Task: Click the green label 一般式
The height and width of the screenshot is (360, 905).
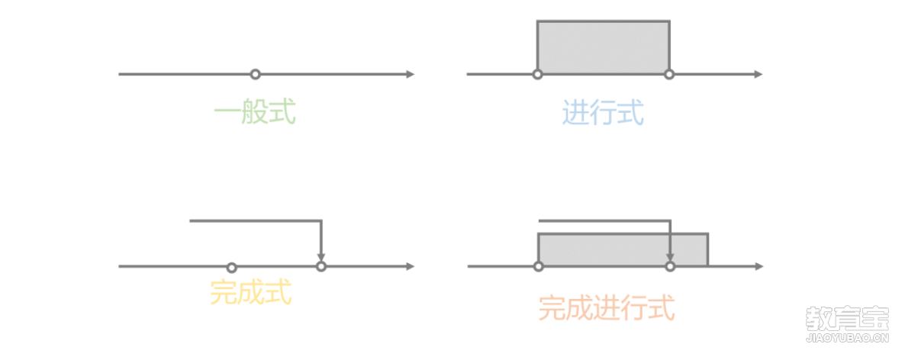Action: pyautogui.click(x=255, y=113)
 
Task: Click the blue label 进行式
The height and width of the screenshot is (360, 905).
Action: pyautogui.click(x=603, y=113)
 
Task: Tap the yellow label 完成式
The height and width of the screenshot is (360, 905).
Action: pyautogui.click(x=251, y=293)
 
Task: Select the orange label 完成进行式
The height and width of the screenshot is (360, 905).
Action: pyautogui.click(x=607, y=309)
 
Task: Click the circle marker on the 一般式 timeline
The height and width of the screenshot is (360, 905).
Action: pyautogui.click(x=255, y=74)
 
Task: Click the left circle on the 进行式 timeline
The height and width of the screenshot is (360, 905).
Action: pyautogui.click(x=537, y=74)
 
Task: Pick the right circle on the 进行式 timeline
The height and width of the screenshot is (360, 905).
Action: pyautogui.click(x=669, y=74)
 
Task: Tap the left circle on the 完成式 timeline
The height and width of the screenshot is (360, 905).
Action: pyautogui.click(x=231, y=267)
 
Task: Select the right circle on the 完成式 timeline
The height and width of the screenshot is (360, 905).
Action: pyautogui.click(x=321, y=266)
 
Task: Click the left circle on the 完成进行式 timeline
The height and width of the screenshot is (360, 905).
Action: pyautogui.click(x=539, y=266)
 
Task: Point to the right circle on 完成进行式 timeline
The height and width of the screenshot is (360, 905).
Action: pyautogui.click(x=670, y=266)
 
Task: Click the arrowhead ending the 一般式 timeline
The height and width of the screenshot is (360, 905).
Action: pyautogui.click(x=411, y=74)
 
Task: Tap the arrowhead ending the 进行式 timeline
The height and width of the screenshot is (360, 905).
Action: pyautogui.click(x=759, y=74)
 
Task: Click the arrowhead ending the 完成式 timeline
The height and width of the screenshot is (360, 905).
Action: pyautogui.click(x=411, y=266)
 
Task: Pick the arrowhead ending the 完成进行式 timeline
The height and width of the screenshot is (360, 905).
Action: pyautogui.click(x=759, y=266)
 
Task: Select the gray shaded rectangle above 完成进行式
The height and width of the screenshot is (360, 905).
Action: pyautogui.click(x=623, y=250)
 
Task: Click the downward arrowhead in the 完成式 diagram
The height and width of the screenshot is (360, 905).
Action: pyautogui.click(x=321, y=257)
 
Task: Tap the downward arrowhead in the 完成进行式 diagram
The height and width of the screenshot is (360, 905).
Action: pyautogui.click(x=670, y=257)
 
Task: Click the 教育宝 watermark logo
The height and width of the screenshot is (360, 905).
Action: pyautogui.click(x=847, y=324)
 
